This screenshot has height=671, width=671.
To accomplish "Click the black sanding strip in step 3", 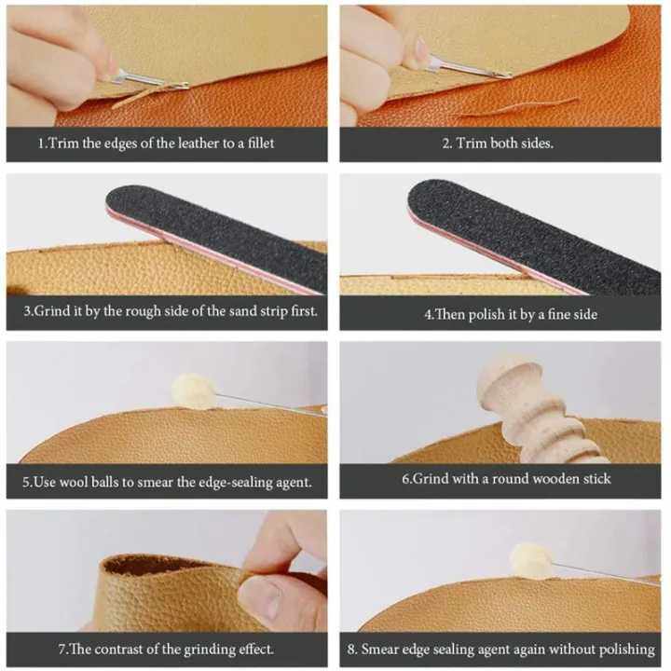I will (x=214, y=233).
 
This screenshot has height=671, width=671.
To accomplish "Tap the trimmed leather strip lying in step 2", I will (x=522, y=107).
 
